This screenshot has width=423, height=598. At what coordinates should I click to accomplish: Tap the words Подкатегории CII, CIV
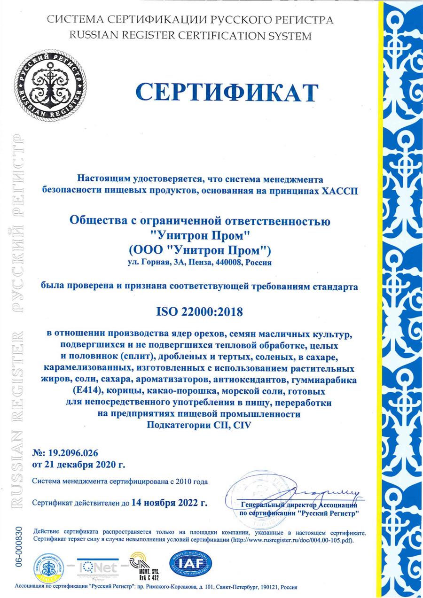coord(199,425)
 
